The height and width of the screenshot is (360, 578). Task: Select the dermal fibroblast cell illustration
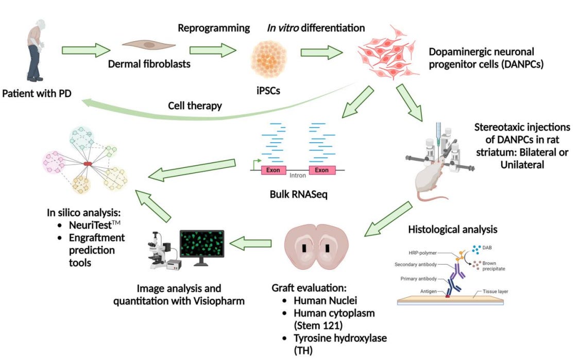[x=148, y=45]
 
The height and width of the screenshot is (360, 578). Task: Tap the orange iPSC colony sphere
[x=269, y=59]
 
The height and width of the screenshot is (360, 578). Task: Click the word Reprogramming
[x=214, y=28]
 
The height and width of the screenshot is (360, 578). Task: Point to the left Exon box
[x=273, y=170]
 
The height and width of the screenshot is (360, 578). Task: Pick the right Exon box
[x=321, y=170]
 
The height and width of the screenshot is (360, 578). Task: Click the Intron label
[x=297, y=176]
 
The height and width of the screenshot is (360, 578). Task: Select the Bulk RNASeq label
[x=299, y=194]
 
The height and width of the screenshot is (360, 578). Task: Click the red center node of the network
[x=88, y=164]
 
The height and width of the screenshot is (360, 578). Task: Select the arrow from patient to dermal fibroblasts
[x=86, y=50]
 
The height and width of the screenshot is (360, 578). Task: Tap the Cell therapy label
[x=195, y=106]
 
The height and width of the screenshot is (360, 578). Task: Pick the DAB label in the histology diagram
[x=487, y=248]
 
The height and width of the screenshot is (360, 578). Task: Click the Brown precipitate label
[x=494, y=266]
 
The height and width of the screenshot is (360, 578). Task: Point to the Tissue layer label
[x=496, y=292]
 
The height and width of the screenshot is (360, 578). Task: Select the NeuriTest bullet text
[x=95, y=225]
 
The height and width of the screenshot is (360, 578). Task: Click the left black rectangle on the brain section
[x=304, y=248]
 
